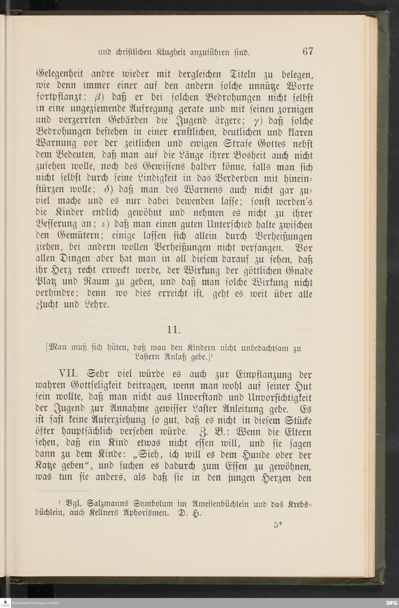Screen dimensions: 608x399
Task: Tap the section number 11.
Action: [x=174, y=330]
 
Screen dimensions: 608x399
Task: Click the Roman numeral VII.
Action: [x=68, y=374]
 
